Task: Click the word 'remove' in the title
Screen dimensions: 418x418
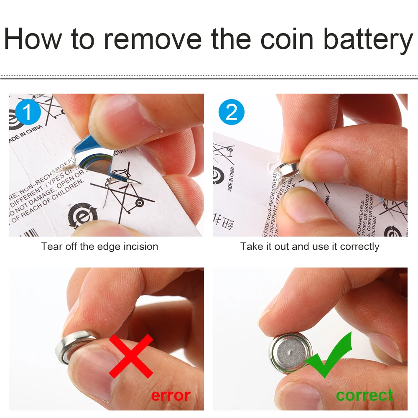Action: (153, 39)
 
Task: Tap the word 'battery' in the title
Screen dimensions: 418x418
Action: (368, 39)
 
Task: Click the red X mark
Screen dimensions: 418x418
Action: (131, 356)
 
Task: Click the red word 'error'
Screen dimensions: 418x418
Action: (171, 395)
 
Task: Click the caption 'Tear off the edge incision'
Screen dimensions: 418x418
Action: (99, 247)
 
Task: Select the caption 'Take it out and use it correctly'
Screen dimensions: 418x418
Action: (310, 247)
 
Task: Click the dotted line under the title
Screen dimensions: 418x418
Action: (209, 77)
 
